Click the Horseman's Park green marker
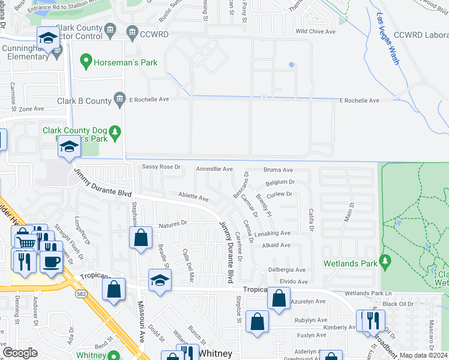click(x=85, y=61)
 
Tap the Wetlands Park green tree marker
click(x=385, y=262)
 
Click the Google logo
click(x=20, y=353)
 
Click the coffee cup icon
click(x=52, y=262)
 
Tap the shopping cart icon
click(x=25, y=242)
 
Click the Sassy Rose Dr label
click(x=161, y=167)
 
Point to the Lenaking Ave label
click(x=272, y=233)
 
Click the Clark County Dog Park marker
click(x=118, y=130)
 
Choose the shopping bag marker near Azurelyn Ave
click(x=279, y=298)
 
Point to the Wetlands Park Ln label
click(x=368, y=293)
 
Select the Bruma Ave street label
click(x=279, y=170)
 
